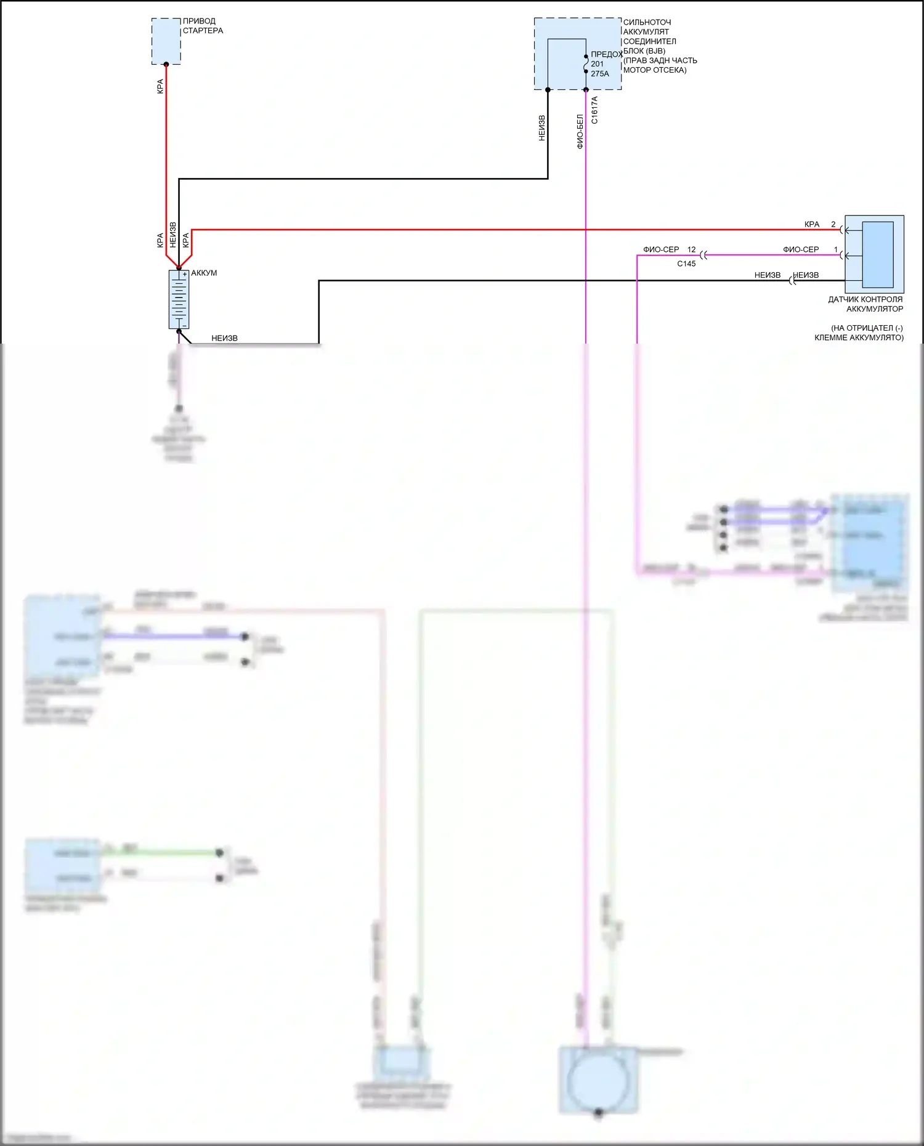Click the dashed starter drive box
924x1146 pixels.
[166, 41]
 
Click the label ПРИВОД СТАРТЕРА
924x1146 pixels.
[203, 26]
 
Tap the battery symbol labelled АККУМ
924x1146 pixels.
[179, 299]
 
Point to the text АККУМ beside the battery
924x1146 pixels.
[204, 273]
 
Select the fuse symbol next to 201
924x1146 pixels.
[586, 64]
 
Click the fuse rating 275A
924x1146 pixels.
[600, 74]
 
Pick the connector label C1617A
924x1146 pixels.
[594, 110]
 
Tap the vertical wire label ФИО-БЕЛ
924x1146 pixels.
[580, 131]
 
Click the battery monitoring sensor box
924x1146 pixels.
[874, 254]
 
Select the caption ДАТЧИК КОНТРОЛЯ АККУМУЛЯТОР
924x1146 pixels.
[865, 304]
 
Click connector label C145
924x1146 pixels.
[686, 264]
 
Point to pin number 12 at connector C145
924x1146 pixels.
[691, 249]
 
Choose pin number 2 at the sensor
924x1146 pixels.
[833, 224]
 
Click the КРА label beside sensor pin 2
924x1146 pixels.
[812, 224]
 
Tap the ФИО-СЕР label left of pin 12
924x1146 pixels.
[661, 249]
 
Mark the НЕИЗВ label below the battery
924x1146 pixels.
[224, 338]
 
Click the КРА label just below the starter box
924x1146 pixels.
[160, 86]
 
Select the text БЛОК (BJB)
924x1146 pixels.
[644, 51]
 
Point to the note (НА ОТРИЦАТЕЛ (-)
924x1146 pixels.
[867, 328]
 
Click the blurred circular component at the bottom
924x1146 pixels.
[598, 1081]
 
